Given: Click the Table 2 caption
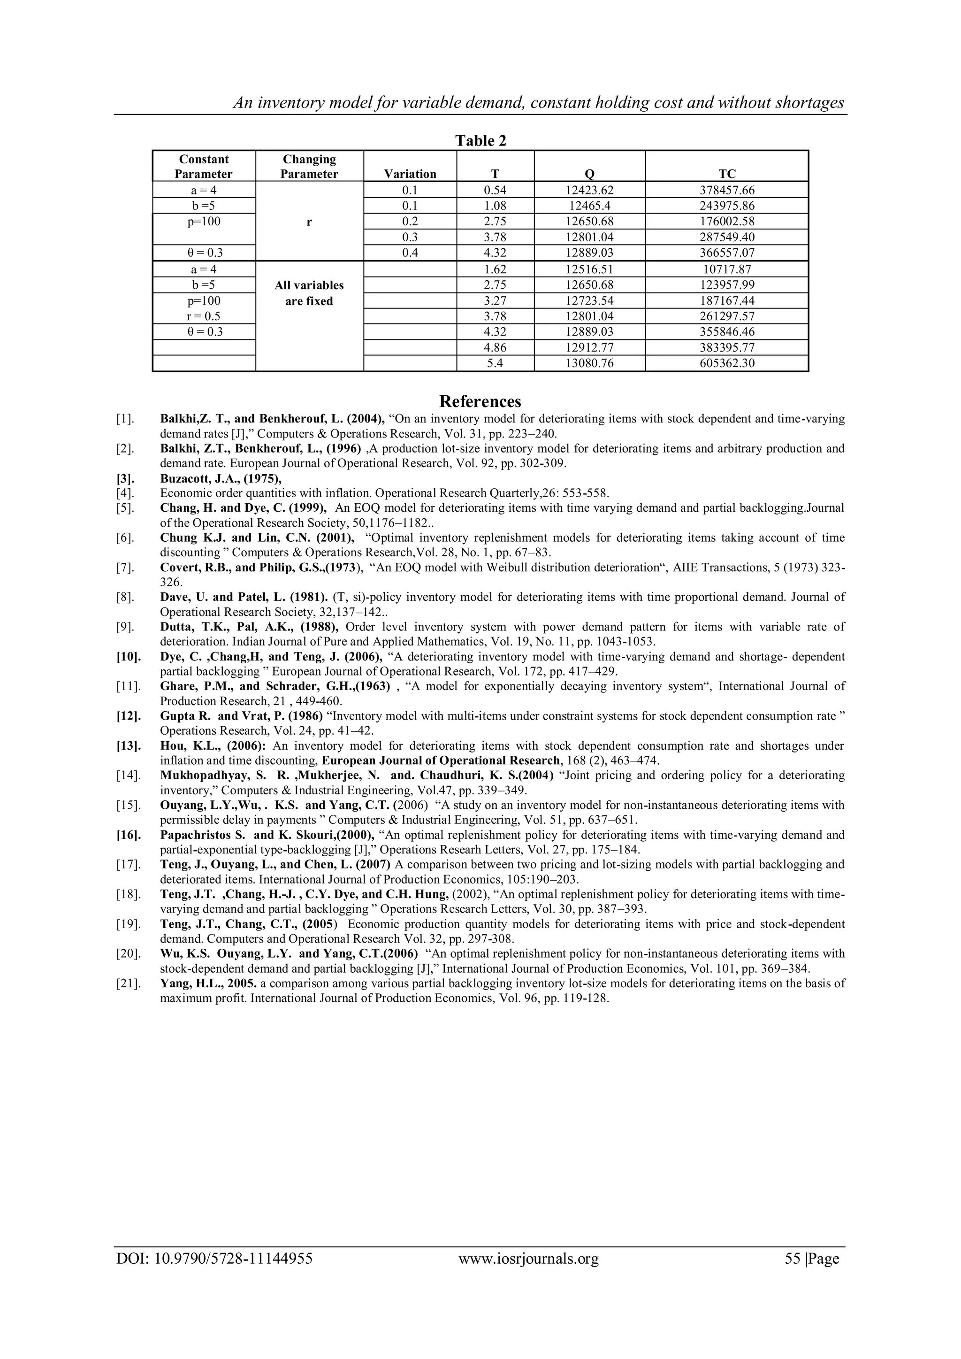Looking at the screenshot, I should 480,141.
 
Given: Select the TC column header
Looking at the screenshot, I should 727,174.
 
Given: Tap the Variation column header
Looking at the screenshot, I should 410,174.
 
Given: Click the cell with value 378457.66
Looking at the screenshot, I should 727,191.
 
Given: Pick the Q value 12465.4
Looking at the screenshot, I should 589,206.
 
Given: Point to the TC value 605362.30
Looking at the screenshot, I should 727,363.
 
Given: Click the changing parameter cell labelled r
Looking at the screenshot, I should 309,222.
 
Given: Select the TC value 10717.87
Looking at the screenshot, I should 727,269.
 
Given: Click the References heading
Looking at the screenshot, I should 480,401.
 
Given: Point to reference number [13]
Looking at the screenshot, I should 129,746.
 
